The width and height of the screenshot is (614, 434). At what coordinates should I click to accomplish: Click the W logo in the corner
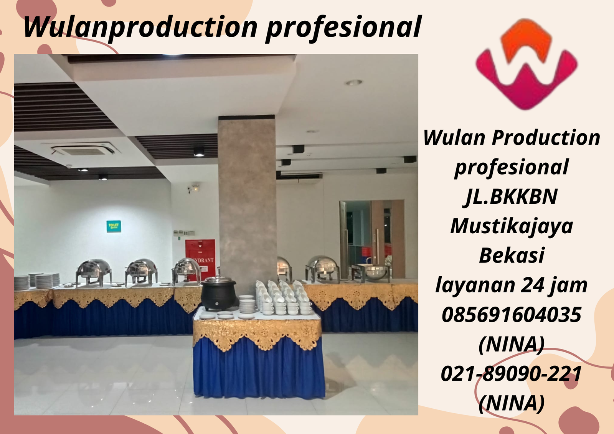(x=526, y=65)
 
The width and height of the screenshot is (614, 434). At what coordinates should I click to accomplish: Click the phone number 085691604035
(x=511, y=315)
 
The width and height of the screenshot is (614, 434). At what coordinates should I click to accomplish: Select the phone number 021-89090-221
(x=511, y=374)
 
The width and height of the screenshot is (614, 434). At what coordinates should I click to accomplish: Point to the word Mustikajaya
(x=511, y=226)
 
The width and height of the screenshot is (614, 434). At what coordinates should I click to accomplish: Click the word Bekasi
(x=511, y=255)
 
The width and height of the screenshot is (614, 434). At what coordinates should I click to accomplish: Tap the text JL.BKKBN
(x=511, y=196)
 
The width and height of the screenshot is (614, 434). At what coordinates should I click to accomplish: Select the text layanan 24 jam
(x=511, y=285)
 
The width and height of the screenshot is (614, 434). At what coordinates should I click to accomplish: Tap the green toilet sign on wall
(x=114, y=226)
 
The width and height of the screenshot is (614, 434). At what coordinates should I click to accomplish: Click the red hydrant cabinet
(x=200, y=255)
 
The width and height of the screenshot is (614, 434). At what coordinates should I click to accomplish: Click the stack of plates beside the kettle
(x=247, y=305)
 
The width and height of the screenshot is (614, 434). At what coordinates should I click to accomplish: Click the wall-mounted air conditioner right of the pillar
(x=299, y=176)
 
